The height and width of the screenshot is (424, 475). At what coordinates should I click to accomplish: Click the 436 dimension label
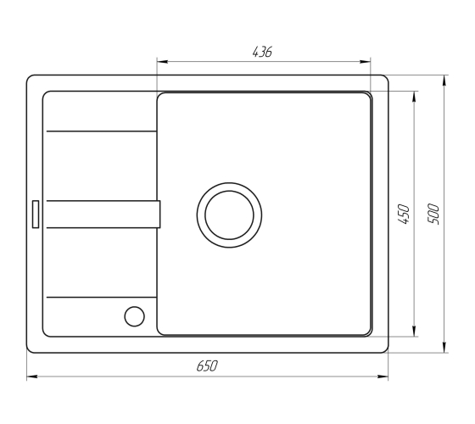[x=262, y=52]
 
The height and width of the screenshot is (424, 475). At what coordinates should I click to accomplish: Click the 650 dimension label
[x=207, y=365]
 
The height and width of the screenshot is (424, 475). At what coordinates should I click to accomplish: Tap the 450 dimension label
[x=404, y=214]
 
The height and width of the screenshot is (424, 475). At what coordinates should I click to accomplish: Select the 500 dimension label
[x=433, y=214]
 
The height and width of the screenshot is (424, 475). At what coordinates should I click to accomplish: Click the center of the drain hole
[x=229, y=215]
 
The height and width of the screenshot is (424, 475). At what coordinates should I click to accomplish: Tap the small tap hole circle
[x=135, y=316]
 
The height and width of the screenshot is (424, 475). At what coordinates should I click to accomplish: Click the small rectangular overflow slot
[x=36, y=214]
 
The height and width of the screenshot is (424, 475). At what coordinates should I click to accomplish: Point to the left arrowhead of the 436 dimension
[x=162, y=62]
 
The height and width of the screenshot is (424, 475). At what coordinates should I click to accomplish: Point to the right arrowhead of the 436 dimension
[x=365, y=62]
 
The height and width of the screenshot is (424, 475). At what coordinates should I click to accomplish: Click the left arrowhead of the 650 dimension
[x=32, y=377]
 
